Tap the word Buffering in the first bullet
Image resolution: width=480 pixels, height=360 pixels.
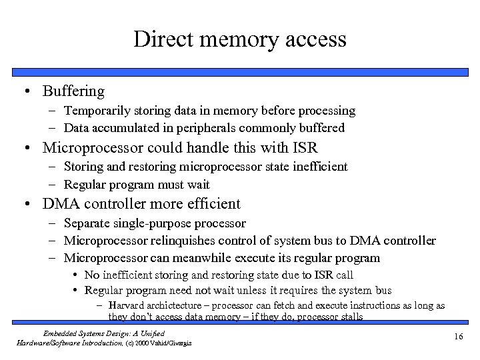pyautogui.click(x=73, y=91)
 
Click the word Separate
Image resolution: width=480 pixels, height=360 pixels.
pyautogui.click(x=87, y=223)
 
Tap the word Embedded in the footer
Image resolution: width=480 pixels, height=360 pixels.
pyautogui.click(x=59, y=333)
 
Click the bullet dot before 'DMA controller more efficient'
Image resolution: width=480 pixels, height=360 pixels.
pyautogui.click(x=30, y=204)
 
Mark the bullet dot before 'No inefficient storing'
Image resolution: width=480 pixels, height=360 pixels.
pyautogui.click(x=77, y=275)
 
